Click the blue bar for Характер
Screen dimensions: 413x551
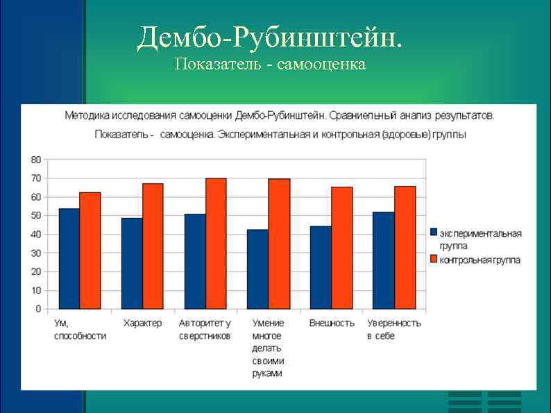click(x=132, y=264)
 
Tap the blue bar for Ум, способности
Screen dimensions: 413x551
click(x=69, y=258)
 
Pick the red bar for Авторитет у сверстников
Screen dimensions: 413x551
click(x=216, y=244)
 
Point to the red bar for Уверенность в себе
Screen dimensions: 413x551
click(x=405, y=248)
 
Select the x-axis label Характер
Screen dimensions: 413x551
click(x=142, y=323)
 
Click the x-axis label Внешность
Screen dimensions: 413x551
click(x=331, y=323)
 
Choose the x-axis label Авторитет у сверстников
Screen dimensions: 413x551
click(x=205, y=330)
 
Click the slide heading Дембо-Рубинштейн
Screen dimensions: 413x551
click(x=269, y=38)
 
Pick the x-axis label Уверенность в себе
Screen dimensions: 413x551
click(x=394, y=330)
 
